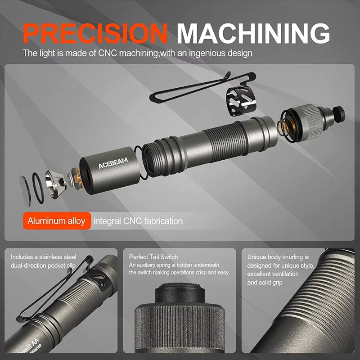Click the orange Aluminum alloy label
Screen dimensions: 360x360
[56, 221]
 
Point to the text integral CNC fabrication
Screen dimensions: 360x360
[138, 221]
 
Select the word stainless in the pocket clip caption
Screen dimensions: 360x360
[63, 257]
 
